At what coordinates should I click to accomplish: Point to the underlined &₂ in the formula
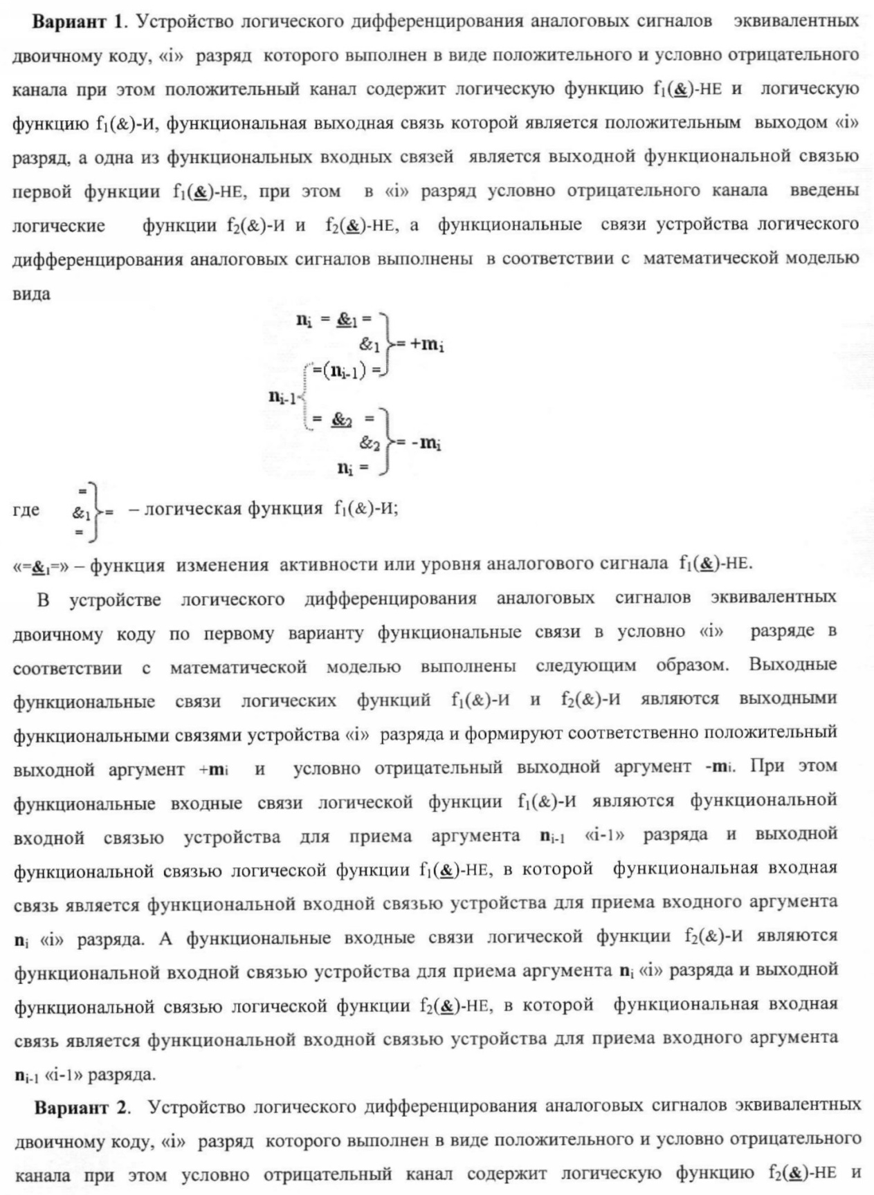click(342, 419)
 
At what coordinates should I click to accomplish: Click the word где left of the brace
click(26, 510)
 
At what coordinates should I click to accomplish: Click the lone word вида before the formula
click(31, 293)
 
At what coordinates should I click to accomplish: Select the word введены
click(824, 190)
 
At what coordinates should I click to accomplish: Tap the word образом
click(691, 665)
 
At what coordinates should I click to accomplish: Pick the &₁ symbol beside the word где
click(81, 513)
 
